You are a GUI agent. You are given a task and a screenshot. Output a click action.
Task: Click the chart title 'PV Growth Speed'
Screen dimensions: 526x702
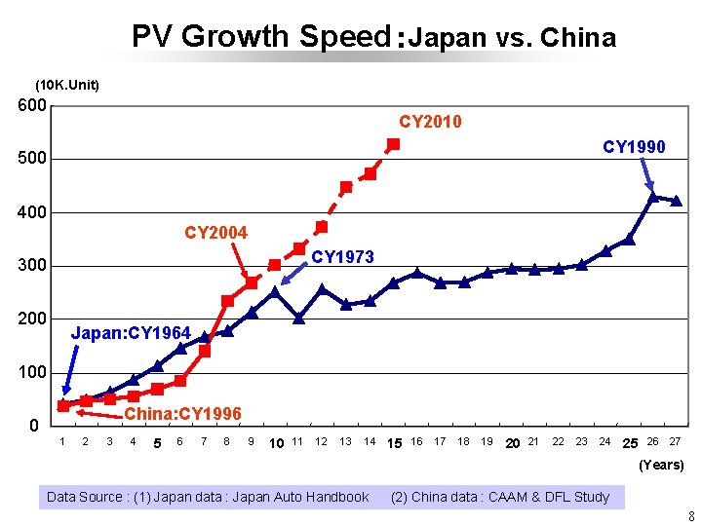click(260, 37)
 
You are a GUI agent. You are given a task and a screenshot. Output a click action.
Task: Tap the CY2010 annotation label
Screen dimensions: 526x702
click(430, 122)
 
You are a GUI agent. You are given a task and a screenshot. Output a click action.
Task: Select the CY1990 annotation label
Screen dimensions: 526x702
click(634, 147)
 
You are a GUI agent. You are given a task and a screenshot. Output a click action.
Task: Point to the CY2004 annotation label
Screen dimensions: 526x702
click(215, 233)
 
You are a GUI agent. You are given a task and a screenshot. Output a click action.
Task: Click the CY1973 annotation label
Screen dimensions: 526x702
click(341, 256)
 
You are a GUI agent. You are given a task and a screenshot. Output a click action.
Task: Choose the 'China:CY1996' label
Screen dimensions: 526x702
click(182, 414)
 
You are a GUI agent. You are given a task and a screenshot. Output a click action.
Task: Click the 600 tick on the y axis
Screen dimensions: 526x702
click(33, 105)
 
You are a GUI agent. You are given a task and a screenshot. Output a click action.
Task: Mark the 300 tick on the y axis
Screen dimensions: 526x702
click(33, 266)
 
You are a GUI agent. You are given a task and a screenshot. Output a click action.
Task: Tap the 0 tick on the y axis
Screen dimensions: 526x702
click(33, 427)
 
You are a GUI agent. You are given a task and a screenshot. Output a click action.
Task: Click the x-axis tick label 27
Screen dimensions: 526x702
click(674, 441)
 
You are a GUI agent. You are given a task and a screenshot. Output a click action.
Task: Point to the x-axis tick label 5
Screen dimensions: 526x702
click(157, 443)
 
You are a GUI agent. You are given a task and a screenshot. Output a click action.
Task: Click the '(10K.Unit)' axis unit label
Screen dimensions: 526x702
click(67, 85)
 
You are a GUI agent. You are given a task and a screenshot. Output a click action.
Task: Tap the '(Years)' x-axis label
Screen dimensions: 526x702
click(660, 465)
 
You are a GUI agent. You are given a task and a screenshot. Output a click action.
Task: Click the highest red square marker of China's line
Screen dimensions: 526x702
click(393, 144)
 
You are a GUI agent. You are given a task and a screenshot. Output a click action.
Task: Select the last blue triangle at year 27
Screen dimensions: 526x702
click(676, 202)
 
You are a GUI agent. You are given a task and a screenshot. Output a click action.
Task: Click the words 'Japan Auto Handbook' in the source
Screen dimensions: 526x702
click(307, 497)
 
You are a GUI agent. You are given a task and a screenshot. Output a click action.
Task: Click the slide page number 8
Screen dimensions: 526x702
click(691, 516)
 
